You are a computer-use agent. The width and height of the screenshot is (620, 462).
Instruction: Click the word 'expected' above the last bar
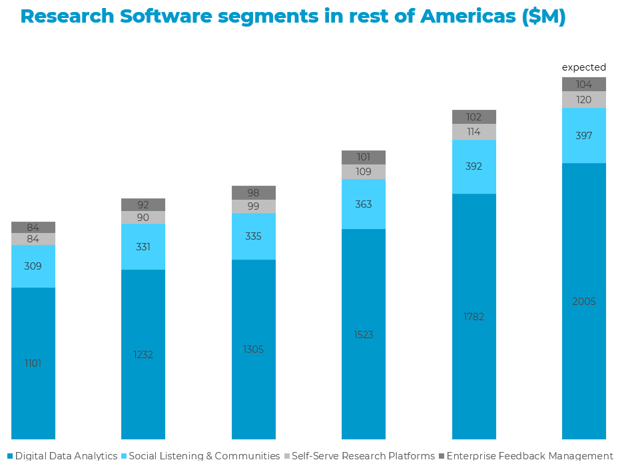click(x=583, y=67)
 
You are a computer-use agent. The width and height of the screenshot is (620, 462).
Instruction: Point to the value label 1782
click(x=473, y=317)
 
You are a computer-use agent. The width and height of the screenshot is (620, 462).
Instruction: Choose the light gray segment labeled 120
click(x=583, y=100)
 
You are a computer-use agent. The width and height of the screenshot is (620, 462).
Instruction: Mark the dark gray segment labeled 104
click(x=583, y=85)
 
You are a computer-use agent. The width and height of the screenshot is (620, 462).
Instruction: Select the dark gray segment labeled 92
click(x=143, y=205)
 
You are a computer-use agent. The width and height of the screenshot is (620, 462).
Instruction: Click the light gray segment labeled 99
click(x=253, y=206)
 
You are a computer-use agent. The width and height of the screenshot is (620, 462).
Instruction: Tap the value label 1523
click(x=363, y=335)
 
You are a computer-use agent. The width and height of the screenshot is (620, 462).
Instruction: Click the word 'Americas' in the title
click(x=467, y=17)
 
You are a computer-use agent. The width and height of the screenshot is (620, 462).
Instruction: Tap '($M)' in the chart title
click(x=543, y=17)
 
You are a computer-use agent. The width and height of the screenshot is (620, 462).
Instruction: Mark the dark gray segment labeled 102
click(x=473, y=117)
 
